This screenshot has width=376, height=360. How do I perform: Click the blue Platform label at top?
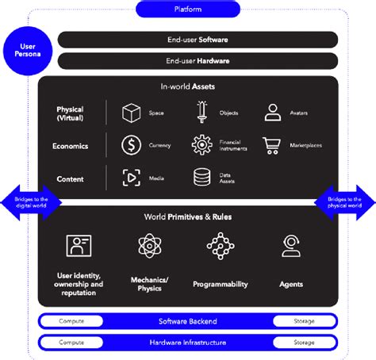point(188,10)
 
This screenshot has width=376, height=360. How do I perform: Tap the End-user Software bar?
point(198,39)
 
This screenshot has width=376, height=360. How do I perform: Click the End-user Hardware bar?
point(198,61)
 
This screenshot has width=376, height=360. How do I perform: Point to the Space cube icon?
point(131,113)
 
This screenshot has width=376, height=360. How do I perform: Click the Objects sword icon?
point(201,113)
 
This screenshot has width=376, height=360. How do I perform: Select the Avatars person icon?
point(273,113)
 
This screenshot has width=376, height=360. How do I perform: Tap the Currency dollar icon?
point(131,146)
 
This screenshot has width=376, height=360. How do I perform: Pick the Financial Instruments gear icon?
point(201,146)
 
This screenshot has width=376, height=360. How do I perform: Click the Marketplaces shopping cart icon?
point(273,146)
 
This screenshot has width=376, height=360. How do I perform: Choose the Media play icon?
point(131,178)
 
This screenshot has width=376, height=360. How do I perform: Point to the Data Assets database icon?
point(201,178)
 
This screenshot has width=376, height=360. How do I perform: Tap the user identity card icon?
point(79,246)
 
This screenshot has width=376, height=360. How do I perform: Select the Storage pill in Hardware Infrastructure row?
point(304,343)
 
